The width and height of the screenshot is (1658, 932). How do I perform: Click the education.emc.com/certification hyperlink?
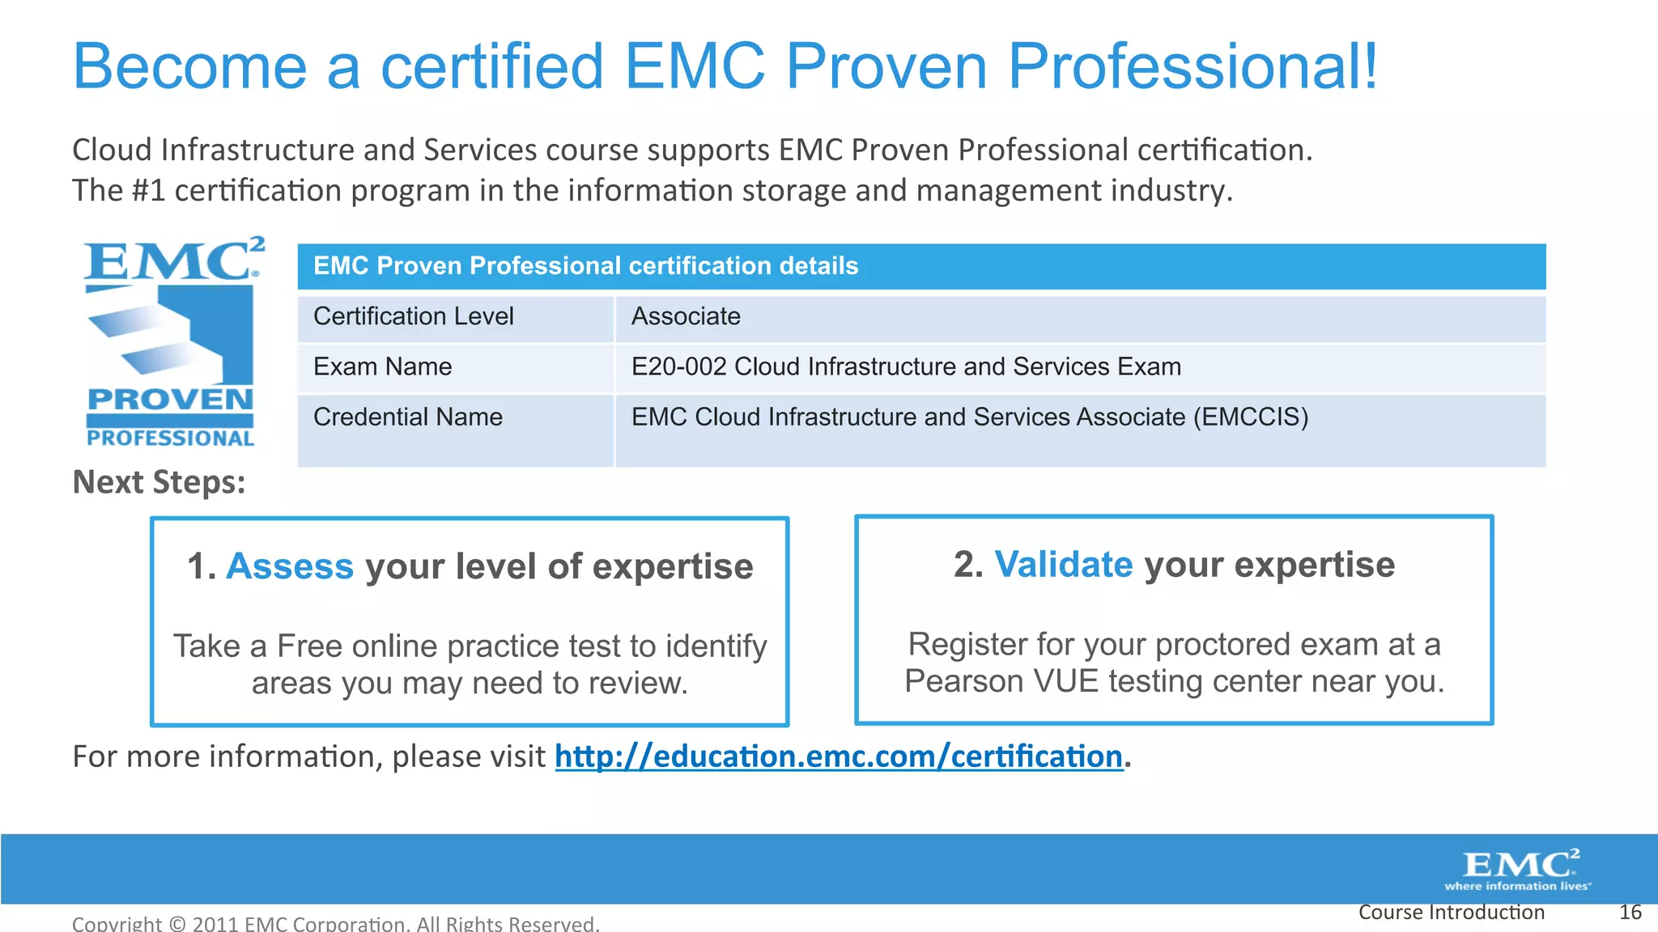tap(839, 757)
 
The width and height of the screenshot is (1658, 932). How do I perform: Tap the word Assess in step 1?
tap(290, 566)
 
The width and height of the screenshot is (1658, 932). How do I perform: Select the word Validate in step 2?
tap(1063, 565)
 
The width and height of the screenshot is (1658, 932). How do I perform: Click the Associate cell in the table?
tap(686, 316)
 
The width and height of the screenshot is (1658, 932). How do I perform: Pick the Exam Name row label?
tap(382, 366)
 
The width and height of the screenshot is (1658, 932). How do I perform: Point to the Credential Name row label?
tap(407, 417)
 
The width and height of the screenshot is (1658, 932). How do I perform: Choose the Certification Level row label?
tap(413, 316)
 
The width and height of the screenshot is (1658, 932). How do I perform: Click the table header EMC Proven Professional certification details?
tap(585, 266)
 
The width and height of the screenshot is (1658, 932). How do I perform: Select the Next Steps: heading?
tap(159, 482)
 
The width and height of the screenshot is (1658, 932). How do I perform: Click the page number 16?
tap(1630, 913)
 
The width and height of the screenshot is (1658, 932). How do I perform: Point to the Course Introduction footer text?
tap(1451, 913)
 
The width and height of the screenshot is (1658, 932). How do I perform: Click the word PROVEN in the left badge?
tap(170, 400)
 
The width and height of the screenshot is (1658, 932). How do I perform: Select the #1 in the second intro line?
tap(147, 191)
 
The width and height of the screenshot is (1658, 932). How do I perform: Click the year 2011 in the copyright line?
tap(215, 924)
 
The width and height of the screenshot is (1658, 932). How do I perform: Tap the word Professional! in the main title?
tap(1192, 66)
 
